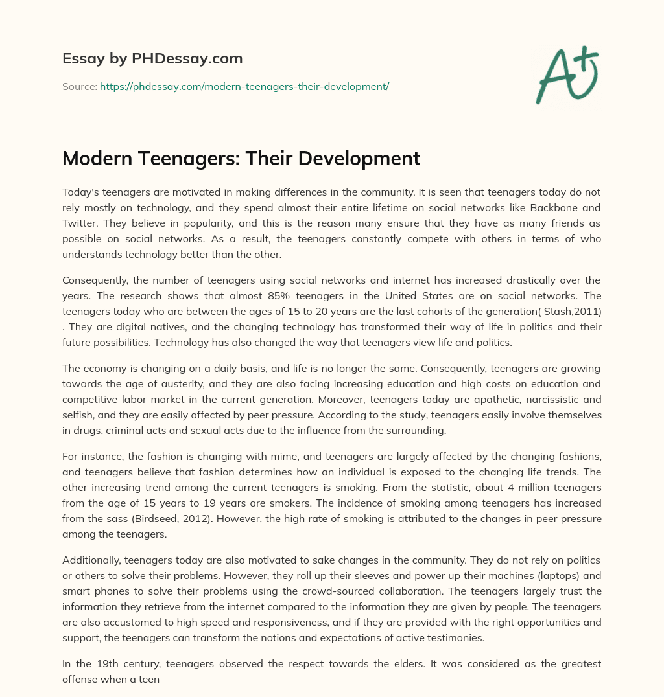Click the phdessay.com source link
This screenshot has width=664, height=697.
244,86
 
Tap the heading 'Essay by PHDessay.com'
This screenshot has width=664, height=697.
152,58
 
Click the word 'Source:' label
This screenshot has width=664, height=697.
79,86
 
